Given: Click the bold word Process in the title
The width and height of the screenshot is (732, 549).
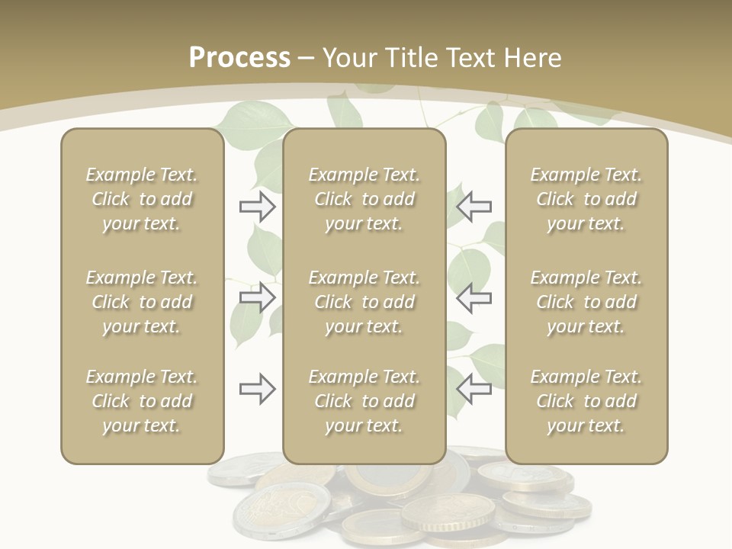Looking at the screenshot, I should [239, 58].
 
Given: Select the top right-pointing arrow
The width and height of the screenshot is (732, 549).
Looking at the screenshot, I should [258, 207].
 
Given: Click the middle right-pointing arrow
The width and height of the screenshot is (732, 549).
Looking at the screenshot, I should [258, 297].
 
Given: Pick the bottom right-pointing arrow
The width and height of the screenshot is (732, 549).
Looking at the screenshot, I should [258, 389].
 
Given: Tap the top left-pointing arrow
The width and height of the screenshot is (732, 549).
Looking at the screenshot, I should [474, 207].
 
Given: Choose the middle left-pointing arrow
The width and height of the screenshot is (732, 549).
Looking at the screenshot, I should [474, 297].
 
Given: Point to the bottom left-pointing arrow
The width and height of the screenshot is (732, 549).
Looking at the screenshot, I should [474, 389].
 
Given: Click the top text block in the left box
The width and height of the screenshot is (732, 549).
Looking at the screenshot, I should [142, 199].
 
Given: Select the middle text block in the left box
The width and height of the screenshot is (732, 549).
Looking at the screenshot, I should [142, 302].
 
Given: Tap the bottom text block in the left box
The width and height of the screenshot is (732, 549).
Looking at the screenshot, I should [142, 401].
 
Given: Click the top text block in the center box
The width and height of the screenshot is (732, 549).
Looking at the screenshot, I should [364, 199].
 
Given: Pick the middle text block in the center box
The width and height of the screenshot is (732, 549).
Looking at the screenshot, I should [364, 302].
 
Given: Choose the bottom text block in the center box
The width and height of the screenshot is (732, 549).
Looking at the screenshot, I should [364, 401].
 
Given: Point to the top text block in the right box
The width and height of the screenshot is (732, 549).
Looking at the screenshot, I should [586, 199].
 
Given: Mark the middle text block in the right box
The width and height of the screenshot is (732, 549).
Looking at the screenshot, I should [586, 302].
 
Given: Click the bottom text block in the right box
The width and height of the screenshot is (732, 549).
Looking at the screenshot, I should [586, 401].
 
